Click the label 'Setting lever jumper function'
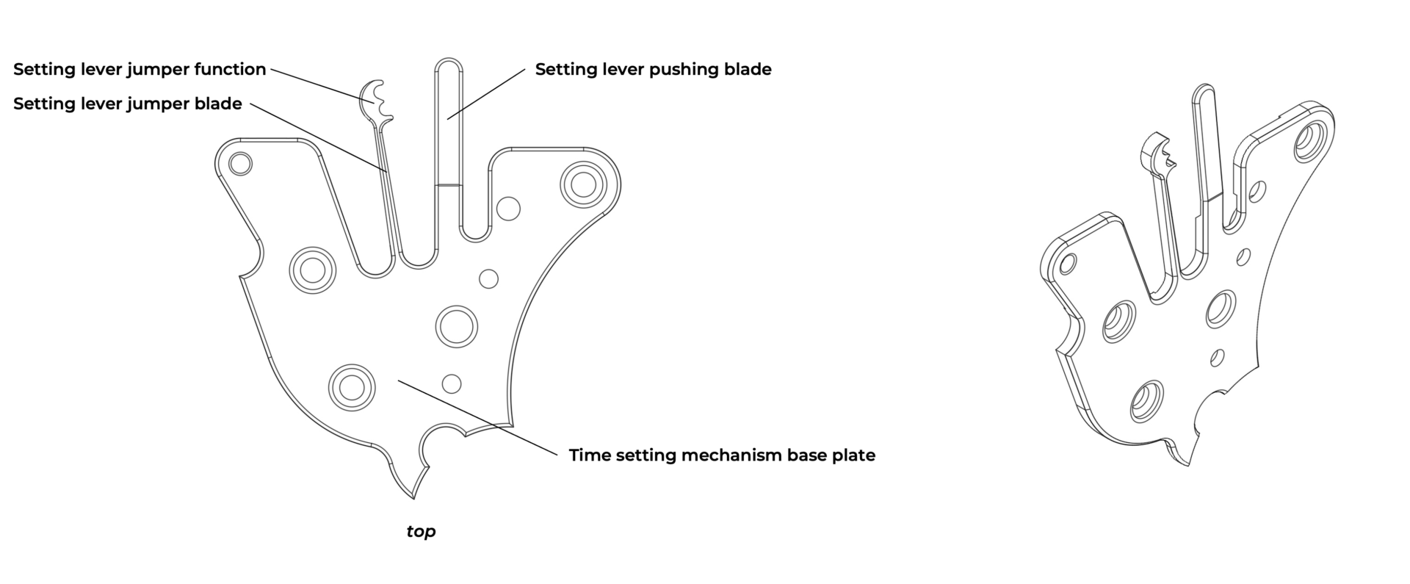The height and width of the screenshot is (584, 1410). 140,69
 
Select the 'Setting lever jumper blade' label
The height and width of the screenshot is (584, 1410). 127,104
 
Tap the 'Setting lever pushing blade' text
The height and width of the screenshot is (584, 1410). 653,69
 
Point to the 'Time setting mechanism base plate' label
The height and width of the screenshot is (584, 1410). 722,455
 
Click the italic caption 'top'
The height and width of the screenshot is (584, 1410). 421,531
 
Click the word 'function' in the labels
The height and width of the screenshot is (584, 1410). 230,69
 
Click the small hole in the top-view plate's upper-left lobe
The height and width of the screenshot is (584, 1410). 240,163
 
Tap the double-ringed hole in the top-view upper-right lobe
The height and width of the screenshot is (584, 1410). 583,184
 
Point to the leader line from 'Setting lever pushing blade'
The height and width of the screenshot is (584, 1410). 486,93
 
